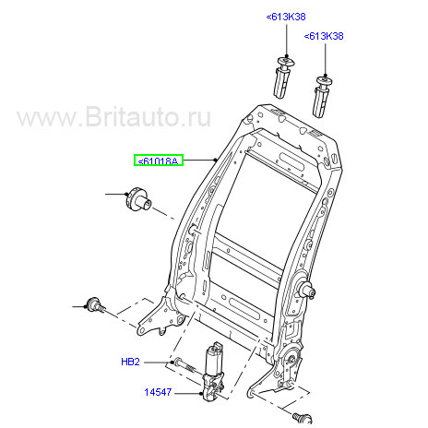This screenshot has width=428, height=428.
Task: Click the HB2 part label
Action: click(130, 362)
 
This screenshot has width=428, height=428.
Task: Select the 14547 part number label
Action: click(158, 392)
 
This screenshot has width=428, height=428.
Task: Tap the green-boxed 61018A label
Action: click(159, 160)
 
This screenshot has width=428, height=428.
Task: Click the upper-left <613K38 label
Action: click(286, 17)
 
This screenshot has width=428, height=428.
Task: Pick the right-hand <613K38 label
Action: click(324, 36)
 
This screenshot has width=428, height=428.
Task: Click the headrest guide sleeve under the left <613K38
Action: click(283, 77)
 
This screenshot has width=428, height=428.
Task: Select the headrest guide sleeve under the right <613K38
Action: click(322, 97)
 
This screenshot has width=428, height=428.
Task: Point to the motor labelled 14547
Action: click(213, 372)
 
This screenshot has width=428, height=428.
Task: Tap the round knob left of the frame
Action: click(139, 199)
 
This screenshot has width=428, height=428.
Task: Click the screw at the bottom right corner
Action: click(303, 418)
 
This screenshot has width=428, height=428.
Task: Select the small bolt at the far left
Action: click(96, 305)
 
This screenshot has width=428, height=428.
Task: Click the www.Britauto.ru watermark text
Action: click(113, 117)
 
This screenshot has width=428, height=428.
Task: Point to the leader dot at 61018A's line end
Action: click(216, 160)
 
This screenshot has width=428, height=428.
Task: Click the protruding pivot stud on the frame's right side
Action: click(306, 289)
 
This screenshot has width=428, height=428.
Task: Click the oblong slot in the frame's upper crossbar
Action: click(291, 160)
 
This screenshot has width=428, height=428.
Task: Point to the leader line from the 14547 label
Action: click(187, 393)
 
